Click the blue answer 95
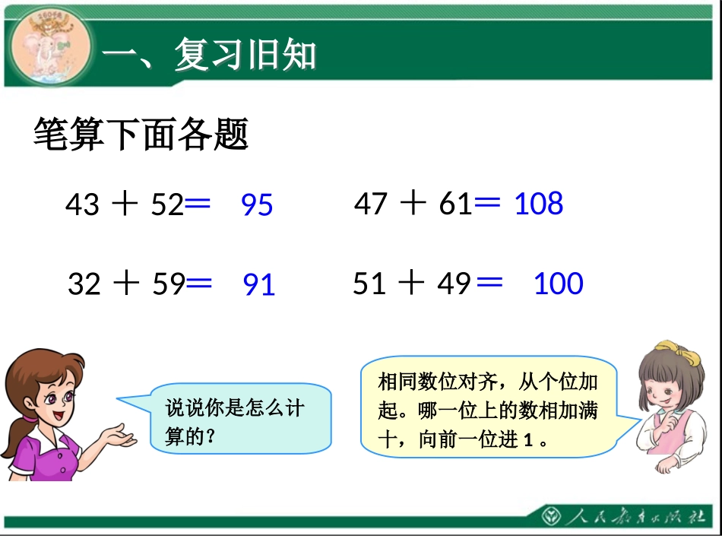257,205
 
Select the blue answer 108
539,204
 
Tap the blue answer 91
258,285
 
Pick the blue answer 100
559,284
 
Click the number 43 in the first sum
82,204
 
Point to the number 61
455,204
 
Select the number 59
169,284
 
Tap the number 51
369,284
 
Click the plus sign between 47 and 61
413,203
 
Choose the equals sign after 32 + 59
199,282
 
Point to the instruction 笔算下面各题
141,135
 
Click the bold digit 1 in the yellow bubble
527,440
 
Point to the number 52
167,204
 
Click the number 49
454,284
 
